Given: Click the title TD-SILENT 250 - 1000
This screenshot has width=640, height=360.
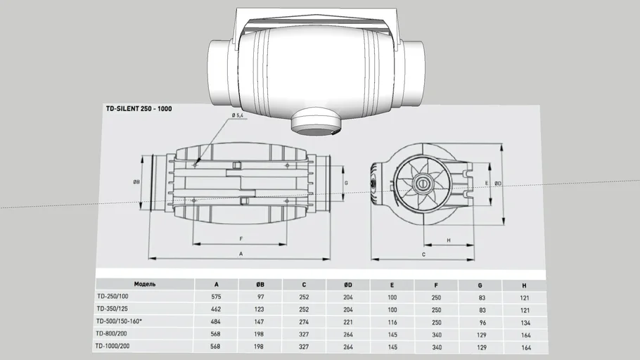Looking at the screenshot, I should point(139,109).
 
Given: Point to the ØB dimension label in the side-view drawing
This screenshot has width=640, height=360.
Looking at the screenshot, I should point(136,181).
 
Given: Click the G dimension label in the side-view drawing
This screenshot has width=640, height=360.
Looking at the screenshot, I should point(346,183).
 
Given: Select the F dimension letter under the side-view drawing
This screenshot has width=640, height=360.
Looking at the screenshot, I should point(241,239).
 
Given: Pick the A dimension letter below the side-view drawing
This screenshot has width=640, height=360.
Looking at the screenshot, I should point(241,253).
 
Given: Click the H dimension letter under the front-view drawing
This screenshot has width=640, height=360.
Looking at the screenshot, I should point(449,240).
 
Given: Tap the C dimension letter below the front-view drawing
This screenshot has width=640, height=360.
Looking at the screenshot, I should point(423,254).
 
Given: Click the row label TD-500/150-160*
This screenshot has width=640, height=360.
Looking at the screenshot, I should point(119,321).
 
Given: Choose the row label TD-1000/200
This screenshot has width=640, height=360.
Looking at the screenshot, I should point(113,347).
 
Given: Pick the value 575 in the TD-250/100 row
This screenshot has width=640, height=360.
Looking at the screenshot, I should point(216,297).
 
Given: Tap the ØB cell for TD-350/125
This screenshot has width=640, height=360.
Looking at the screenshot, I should point(260,309).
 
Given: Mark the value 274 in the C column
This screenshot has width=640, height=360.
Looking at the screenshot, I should point(304,322).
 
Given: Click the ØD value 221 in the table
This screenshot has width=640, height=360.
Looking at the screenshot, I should point(348,322).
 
